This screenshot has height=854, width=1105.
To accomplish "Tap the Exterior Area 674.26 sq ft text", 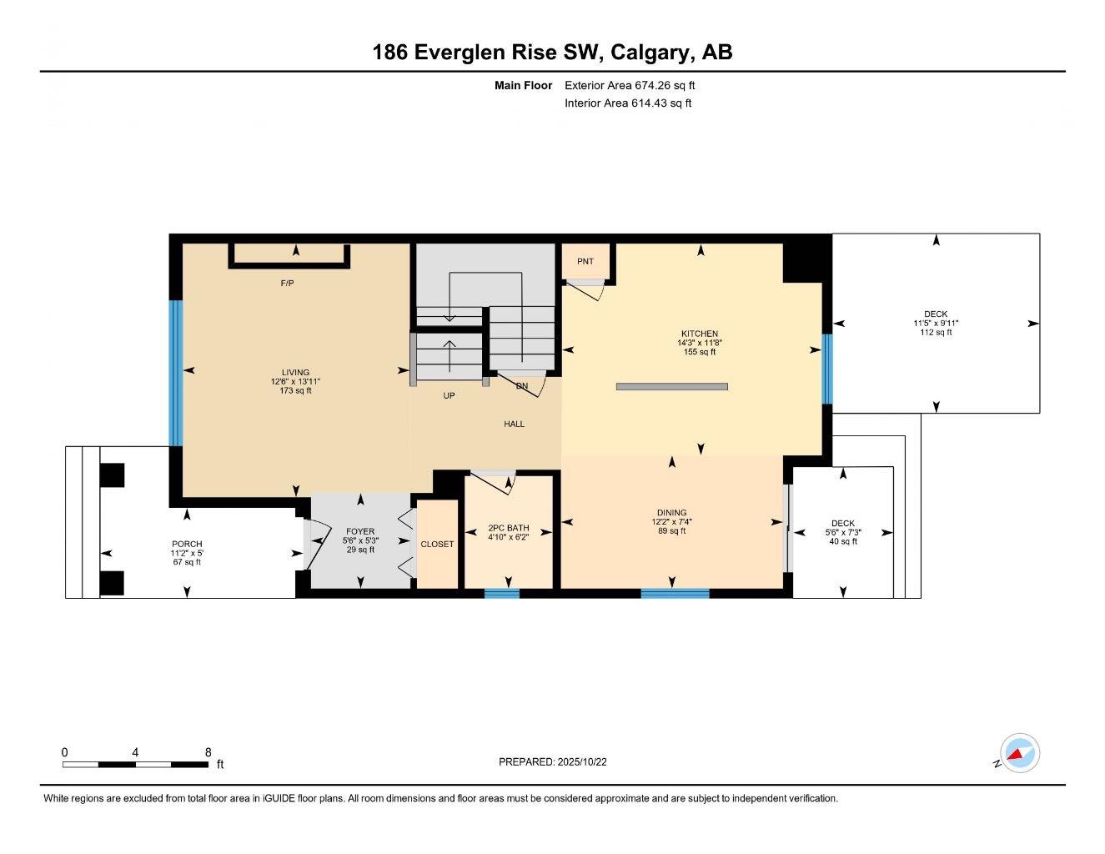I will [x=630, y=85].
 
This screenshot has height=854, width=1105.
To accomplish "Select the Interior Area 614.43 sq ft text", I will [x=628, y=103].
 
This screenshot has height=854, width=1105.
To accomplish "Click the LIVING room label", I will [x=295, y=373].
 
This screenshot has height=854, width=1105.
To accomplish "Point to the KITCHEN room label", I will [x=699, y=334].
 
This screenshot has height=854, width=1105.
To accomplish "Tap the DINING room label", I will [x=671, y=513].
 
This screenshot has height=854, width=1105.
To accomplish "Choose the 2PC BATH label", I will [x=509, y=528].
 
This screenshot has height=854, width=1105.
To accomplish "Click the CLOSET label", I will [x=437, y=544].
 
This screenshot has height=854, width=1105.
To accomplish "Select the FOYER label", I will [x=360, y=531].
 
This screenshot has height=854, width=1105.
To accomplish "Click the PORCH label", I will [x=187, y=544].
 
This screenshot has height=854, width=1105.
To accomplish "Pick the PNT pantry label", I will [x=585, y=262].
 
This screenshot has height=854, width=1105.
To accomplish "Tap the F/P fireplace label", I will [x=287, y=284].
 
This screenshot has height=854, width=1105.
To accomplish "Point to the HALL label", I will [x=515, y=424].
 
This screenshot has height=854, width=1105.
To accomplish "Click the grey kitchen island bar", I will [x=672, y=386].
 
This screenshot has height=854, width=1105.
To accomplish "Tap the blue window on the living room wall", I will [x=176, y=373].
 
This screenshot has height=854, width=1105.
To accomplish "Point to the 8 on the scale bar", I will [x=208, y=751].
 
